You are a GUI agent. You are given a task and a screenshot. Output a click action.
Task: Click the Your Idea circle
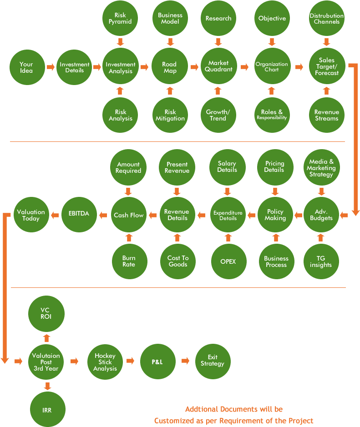(x=26, y=67)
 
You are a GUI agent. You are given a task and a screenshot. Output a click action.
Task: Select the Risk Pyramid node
(x=121, y=19)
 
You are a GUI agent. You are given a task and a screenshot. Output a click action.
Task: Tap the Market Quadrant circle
(x=218, y=66)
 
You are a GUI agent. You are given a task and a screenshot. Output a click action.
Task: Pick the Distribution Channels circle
(x=326, y=19)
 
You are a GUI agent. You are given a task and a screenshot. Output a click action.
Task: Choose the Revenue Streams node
(x=326, y=115)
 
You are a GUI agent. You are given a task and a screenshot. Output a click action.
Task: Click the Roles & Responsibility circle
(x=272, y=115)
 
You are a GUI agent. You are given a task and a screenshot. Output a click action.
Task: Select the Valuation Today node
(x=31, y=215)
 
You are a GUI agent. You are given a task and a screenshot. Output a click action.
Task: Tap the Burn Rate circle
(x=129, y=261)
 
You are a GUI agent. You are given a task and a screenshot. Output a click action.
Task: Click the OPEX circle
(x=227, y=261)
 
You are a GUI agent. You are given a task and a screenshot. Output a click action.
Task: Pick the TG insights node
(x=321, y=261)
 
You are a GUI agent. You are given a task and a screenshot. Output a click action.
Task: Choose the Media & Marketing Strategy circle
(x=321, y=168)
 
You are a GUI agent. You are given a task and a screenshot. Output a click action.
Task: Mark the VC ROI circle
(x=46, y=314)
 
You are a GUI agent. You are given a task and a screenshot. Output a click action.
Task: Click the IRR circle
(x=47, y=410)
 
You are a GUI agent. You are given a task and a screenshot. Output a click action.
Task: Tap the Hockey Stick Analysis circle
(x=105, y=362)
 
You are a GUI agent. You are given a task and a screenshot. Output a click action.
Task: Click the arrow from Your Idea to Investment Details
(x=51, y=67)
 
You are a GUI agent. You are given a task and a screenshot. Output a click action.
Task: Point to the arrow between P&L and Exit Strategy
(x=185, y=361)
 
